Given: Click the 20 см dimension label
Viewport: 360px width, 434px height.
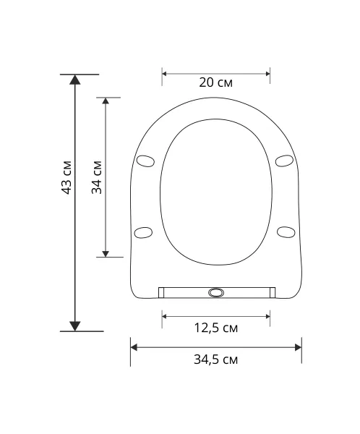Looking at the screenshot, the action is (x=216, y=82).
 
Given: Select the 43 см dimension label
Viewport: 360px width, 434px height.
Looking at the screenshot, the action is (x=67, y=177).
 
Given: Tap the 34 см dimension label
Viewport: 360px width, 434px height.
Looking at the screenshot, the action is (x=97, y=177).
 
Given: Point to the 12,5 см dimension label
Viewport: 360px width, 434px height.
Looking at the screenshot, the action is (x=216, y=328).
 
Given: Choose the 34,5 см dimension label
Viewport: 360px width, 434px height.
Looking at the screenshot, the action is (x=216, y=359).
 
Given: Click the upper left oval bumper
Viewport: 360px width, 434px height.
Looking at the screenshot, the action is (x=145, y=161).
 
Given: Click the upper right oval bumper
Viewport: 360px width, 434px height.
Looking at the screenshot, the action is (x=284, y=161).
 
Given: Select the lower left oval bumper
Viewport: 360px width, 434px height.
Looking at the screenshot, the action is (x=143, y=232).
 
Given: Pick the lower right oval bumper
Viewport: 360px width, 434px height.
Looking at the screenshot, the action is (x=286, y=232).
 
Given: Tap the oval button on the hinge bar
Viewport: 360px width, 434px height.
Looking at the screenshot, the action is (x=215, y=292).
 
